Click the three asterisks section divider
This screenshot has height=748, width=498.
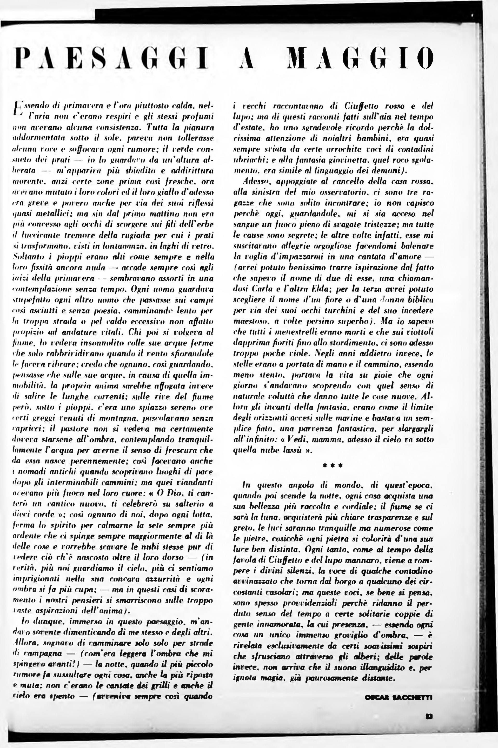coord(332,466)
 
